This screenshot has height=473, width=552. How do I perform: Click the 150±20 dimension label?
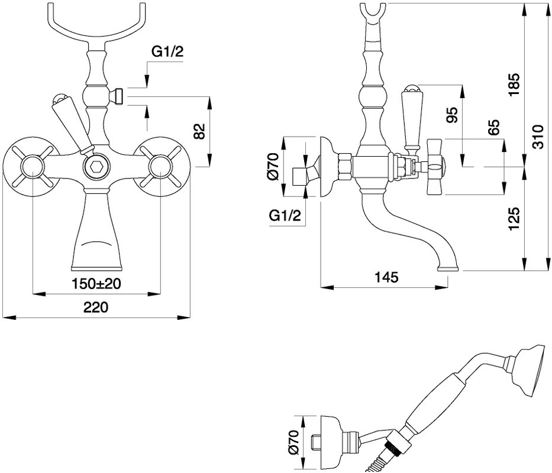96,283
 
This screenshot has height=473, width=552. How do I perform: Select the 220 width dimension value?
96,307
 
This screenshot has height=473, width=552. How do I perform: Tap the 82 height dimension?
199,131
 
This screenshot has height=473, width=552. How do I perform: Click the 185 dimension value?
514,85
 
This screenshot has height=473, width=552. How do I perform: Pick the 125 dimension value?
514,219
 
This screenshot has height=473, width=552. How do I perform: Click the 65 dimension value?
493,127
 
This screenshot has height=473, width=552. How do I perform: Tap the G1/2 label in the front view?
167,53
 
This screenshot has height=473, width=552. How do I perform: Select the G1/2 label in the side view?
285,215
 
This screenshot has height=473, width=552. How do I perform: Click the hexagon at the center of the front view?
95,167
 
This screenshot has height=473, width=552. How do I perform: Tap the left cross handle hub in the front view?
32,167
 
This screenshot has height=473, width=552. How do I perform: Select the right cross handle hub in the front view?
160,167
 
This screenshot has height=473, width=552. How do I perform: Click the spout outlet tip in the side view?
448,269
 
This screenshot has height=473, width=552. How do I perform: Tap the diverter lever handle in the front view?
70,123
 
